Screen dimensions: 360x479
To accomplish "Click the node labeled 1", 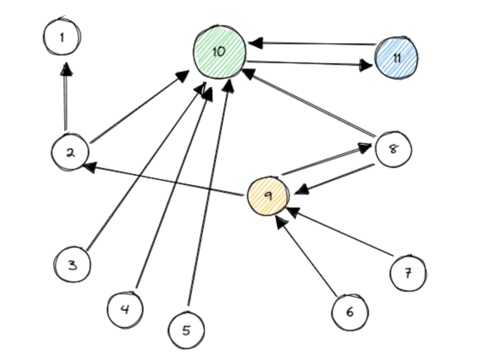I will click(x=62, y=37).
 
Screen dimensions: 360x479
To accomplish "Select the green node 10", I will click(x=219, y=52).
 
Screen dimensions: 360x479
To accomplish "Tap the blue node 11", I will click(x=396, y=58).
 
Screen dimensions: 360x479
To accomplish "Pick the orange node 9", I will click(x=268, y=196).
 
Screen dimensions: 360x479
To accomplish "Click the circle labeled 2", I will click(x=70, y=152).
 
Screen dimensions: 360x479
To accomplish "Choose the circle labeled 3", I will click(x=72, y=265).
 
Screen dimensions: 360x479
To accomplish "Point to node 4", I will click(x=125, y=310).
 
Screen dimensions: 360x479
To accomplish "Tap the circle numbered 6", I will click(x=349, y=312).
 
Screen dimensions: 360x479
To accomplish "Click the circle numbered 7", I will click(x=408, y=273).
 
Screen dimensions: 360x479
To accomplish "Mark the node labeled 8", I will click(x=393, y=149).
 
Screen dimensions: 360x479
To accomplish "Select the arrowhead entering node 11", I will click(x=367, y=65).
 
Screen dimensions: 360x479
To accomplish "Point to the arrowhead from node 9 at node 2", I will click(x=89, y=166).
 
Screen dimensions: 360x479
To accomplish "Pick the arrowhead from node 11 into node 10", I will click(x=255, y=43).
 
